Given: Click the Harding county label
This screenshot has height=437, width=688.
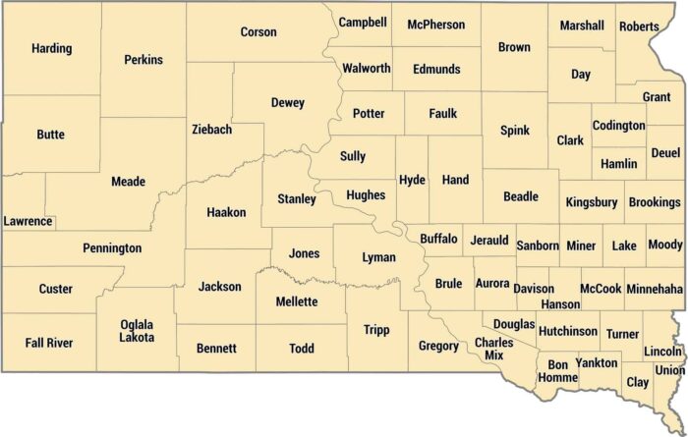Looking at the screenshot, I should tap(51, 48).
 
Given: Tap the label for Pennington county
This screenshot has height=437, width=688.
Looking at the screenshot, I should tap(112, 248).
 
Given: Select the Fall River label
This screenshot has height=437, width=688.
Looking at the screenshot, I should tap(46, 343).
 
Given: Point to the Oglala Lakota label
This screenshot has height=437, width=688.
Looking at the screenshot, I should tap(137, 331).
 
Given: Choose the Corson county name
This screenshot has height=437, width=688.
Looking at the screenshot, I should tap(258, 32).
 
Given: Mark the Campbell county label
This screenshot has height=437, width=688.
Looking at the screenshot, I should tap(363, 22).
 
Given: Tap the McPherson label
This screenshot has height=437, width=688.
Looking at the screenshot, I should tap(435, 25).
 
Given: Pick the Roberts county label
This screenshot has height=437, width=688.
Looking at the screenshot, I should tap(639, 27).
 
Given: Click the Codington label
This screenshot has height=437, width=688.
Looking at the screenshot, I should tap(618, 126).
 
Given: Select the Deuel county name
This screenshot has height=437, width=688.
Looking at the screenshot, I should tap(665, 154).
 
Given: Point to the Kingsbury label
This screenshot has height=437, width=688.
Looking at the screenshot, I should tap(592, 202).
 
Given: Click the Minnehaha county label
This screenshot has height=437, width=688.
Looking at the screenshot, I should tap(654, 290).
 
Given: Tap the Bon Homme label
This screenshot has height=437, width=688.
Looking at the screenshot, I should tap(556, 370).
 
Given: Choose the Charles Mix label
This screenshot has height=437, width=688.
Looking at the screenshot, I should tap(493, 349).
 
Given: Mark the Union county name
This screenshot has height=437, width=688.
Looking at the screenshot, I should tap(669, 370).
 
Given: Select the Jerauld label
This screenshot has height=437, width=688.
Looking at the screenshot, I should tap(488, 240).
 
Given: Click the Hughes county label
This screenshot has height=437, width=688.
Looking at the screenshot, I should tap(366, 195).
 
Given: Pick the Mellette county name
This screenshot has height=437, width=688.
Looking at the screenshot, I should tap(296, 301).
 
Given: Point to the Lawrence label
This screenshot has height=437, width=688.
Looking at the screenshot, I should tap(28, 221).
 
